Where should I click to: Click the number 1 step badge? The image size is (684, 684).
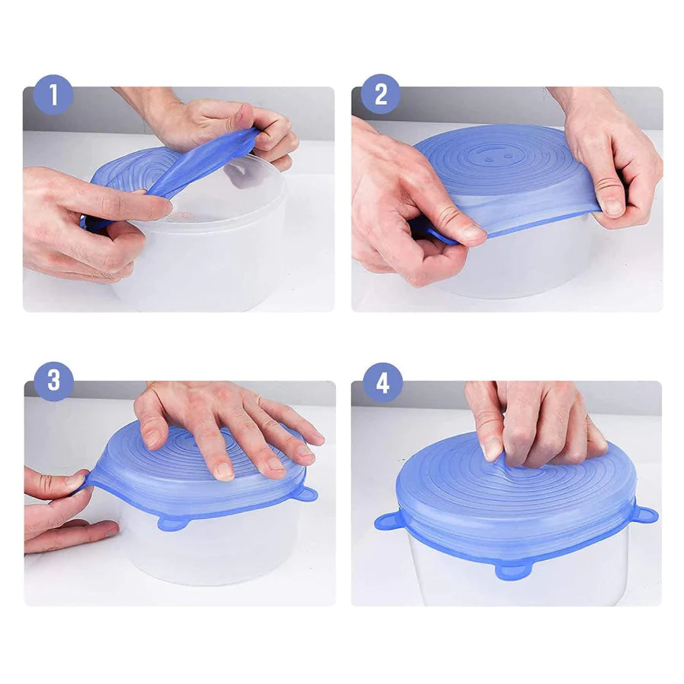pos(53,95)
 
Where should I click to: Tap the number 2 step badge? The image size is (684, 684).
pos(381,93)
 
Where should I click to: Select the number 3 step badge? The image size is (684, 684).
pos(54,381)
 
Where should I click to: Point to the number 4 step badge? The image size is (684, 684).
pos(382,383)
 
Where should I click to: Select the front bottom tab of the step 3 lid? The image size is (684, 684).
pos(174,523)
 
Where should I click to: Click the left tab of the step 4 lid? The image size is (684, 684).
pos(388,521)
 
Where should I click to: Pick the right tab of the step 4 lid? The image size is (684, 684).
pos(644,515)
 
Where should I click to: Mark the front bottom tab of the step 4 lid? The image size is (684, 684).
pos(512,571)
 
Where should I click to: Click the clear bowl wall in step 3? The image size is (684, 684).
pos(210,549)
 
